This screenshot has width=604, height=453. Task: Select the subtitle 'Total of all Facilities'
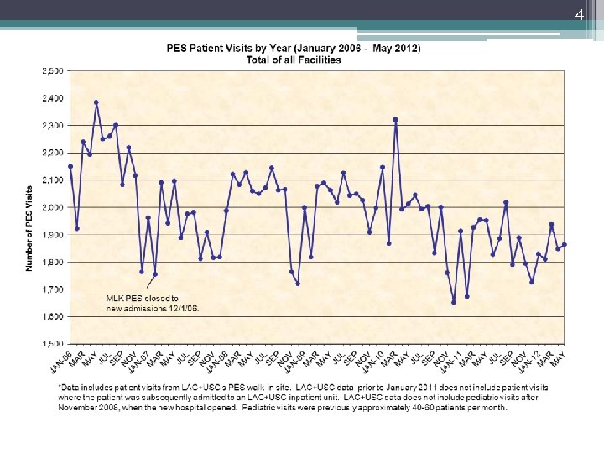[x=294, y=60]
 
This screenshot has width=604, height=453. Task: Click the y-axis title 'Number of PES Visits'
[x=29, y=216]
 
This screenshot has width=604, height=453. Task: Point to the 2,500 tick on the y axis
[x=52, y=71]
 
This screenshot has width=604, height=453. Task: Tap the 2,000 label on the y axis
[x=52, y=207]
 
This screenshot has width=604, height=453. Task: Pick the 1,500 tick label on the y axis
[x=52, y=344]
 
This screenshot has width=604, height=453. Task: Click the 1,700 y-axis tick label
[x=52, y=289]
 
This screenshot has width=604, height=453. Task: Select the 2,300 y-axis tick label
[x=52, y=126]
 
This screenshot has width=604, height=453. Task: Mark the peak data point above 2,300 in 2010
[x=395, y=120]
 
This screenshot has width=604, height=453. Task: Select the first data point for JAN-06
[x=70, y=166]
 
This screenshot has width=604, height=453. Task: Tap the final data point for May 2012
[x=564, y=244]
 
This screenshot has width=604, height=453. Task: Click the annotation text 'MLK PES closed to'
[x=142, y=298]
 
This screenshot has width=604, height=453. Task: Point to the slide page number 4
[x=579, y=15]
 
